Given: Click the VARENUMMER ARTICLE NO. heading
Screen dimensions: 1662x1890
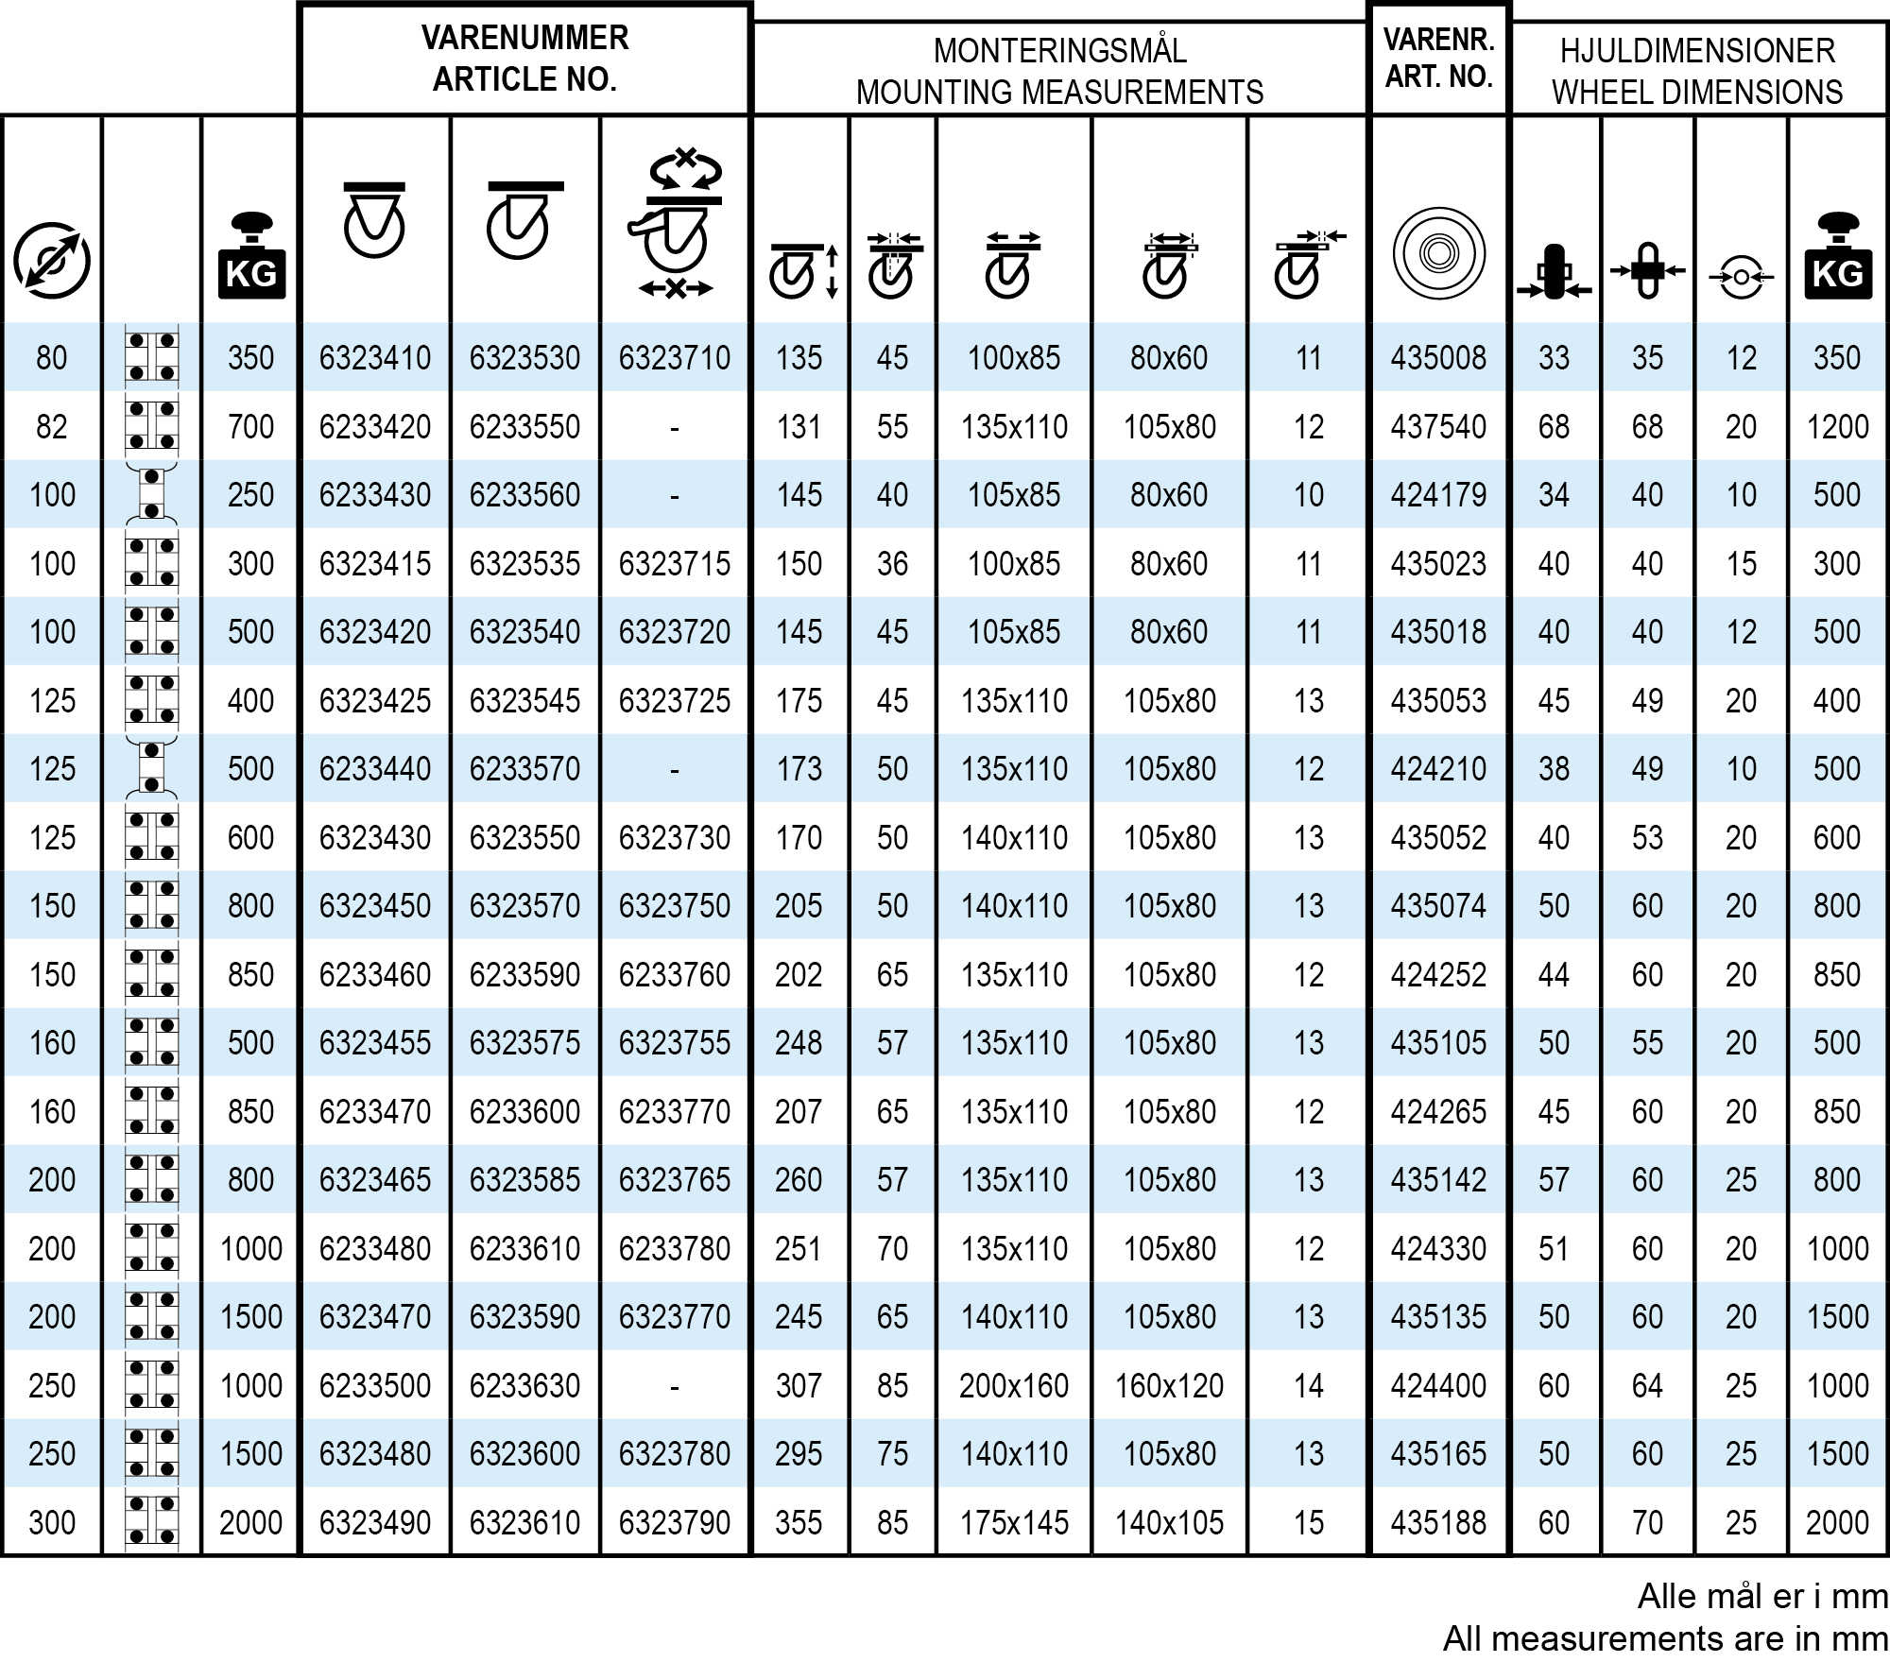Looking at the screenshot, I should (524, 59).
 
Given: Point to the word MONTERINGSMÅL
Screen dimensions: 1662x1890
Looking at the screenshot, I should (1059, 51).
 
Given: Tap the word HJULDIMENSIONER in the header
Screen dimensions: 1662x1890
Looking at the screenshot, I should (1697, 51).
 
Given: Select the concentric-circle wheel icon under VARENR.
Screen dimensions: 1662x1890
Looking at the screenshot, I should (1438, 254).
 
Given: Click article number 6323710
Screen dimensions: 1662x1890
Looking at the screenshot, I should (675, 358).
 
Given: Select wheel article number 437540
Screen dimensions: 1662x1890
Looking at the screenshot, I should (1438, 427).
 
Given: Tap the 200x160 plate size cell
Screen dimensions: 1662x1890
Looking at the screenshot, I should (1014, 1386).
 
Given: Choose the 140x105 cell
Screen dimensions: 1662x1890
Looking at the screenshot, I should (1169, 1523).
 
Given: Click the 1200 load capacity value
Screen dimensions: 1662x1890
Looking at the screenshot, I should (1837, 427).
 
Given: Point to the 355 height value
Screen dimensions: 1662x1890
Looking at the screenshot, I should (799, 1523).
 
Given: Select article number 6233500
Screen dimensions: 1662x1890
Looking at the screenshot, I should (375, 1386).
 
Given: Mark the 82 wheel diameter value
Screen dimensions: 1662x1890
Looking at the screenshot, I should (52, 427).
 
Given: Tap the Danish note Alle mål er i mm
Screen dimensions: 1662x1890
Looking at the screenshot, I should (1762, 1597).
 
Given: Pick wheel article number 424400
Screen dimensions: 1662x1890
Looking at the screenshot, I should (1438, 1386).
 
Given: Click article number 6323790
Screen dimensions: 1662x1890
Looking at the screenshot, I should (675, 1523).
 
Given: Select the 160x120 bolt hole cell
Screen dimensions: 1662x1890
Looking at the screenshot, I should (1169, 1386).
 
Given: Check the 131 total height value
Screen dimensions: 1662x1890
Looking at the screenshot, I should (799, 427).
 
